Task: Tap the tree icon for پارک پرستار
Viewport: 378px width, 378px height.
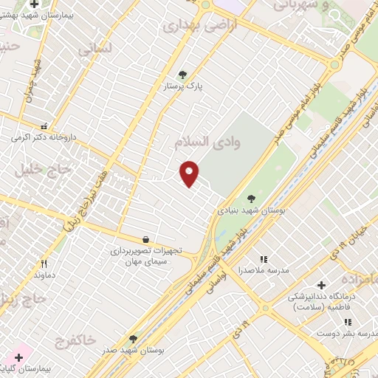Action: tap(182, 75)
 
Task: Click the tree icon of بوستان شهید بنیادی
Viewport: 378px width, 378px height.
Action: tap(251, 198)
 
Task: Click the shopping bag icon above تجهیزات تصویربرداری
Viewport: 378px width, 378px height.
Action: tap(146, 239)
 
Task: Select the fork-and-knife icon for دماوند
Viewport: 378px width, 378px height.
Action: tap(44, 264)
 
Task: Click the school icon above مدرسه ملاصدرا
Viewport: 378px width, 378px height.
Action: tap(264, 259)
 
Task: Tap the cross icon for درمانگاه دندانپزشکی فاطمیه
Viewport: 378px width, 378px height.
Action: tap(321, 285)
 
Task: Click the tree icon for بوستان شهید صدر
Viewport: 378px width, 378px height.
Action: tap(134, 339)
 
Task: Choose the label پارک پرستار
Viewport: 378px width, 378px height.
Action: tap(183, 86)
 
